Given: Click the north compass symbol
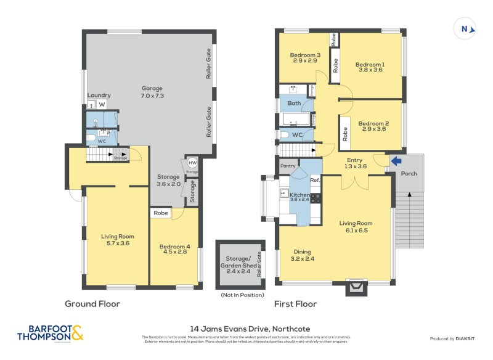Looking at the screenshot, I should tap(465, 28).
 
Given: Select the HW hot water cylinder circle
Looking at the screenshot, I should tap(192, 163).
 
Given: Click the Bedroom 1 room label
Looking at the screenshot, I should tap(370, 67).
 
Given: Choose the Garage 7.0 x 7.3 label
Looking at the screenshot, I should tap(152, 92).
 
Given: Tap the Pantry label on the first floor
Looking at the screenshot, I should tap(288, 166).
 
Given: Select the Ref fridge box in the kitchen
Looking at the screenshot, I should tap(314, 180).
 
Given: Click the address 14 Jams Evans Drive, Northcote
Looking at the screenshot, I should tap(246, 329).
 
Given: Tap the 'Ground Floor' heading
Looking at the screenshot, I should tap(92, 304).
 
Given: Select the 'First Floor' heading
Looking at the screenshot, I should tap(296, 304).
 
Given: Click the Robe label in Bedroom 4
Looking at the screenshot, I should tap(161, 213).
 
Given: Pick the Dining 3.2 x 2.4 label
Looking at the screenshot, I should tap(302, 255).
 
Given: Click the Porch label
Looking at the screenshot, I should tap(409, 174).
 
